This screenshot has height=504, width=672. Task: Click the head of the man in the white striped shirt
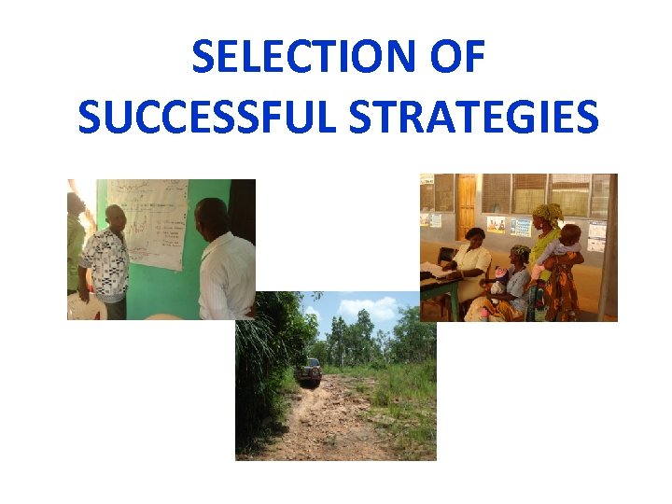(213, 217)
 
